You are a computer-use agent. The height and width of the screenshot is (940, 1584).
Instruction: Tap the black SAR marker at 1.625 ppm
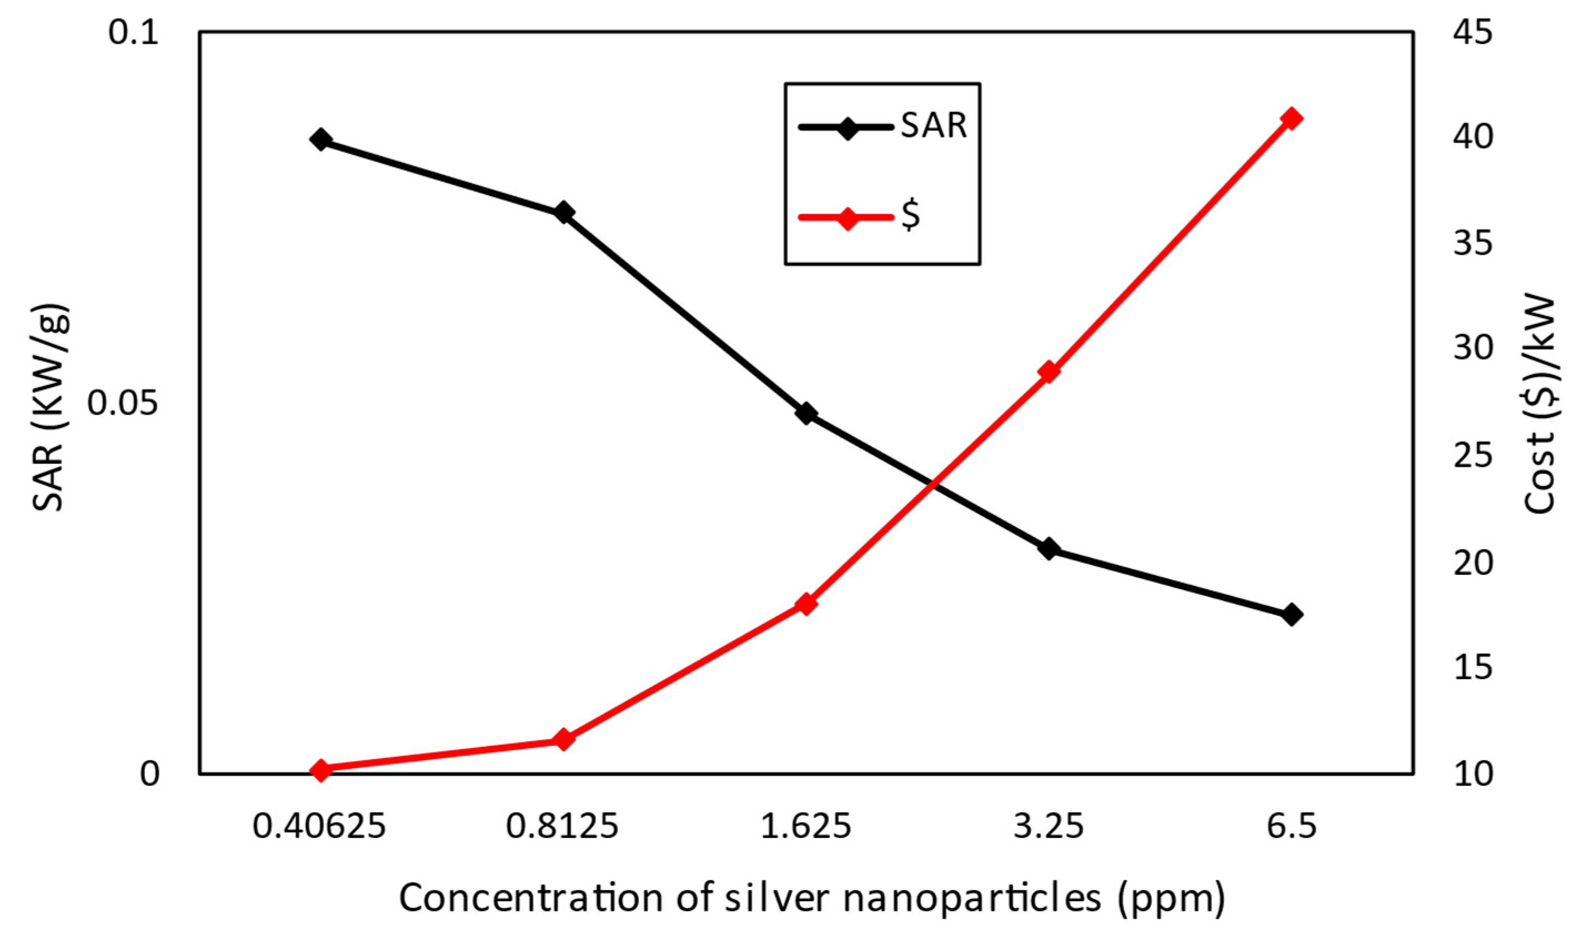(806, 413)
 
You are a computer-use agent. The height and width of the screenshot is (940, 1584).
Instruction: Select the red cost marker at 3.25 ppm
(1049, 372)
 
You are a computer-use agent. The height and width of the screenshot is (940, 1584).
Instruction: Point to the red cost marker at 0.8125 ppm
(563, 739)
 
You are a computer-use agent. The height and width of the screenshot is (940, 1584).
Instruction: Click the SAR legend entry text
(934, 125)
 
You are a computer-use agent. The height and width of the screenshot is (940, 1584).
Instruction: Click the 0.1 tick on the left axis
(133, 32)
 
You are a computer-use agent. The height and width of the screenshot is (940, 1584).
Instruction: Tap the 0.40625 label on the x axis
(319, 827)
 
